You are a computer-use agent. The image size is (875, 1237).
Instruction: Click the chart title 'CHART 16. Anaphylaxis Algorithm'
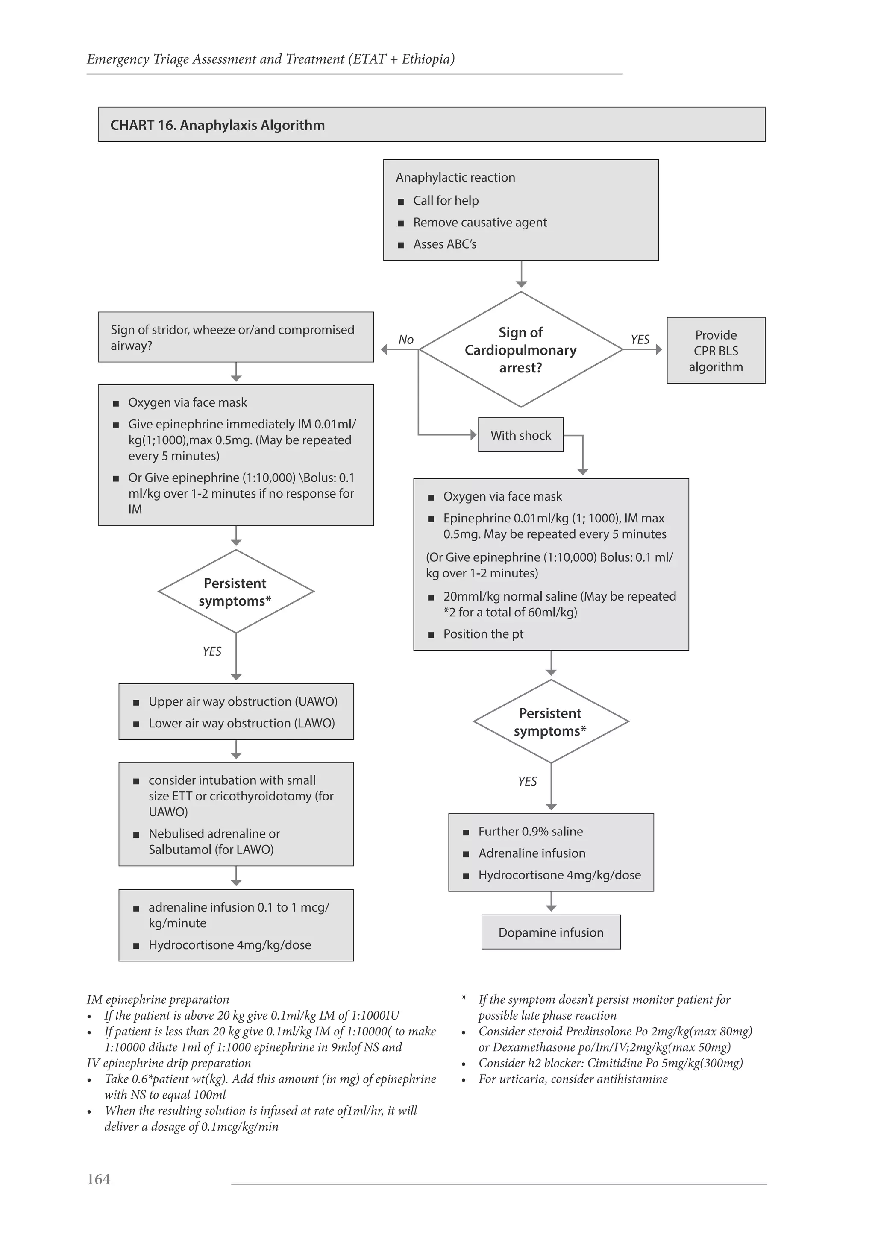click(217, 125)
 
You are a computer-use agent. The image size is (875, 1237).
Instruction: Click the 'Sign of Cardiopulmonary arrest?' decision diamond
click(520, 350)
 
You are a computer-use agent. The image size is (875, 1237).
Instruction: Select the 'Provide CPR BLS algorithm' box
click(716, 351)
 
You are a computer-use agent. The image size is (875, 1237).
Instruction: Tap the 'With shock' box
click(520, 435)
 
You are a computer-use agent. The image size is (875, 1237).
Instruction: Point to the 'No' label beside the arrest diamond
click(406, 340)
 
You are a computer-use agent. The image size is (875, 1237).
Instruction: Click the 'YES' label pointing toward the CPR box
click(640, 340)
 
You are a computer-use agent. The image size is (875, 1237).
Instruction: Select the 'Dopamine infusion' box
click(551, 932)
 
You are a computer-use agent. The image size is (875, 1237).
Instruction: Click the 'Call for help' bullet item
click(446, 200)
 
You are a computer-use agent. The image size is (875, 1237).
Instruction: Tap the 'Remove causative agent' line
click(479, 223)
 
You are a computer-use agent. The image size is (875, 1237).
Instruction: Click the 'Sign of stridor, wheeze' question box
click(235, 337)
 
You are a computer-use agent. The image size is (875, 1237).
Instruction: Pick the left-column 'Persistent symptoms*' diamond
click(235, 592)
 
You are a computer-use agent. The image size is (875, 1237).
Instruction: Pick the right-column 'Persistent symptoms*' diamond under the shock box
click(551, 721)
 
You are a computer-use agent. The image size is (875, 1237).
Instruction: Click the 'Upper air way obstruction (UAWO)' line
click(242, 701)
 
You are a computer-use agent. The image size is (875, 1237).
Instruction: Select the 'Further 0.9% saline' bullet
click(530, 831)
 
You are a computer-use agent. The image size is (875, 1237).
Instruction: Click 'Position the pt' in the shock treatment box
click(483, 634)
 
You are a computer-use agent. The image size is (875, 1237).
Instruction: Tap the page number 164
click(99, 1179)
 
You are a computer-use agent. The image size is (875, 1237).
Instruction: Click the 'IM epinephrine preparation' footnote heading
click(158, 1000)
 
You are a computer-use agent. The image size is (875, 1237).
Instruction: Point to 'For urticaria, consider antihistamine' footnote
click(573, 1079)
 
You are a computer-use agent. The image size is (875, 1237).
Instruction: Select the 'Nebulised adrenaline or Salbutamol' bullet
click(214, 841)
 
